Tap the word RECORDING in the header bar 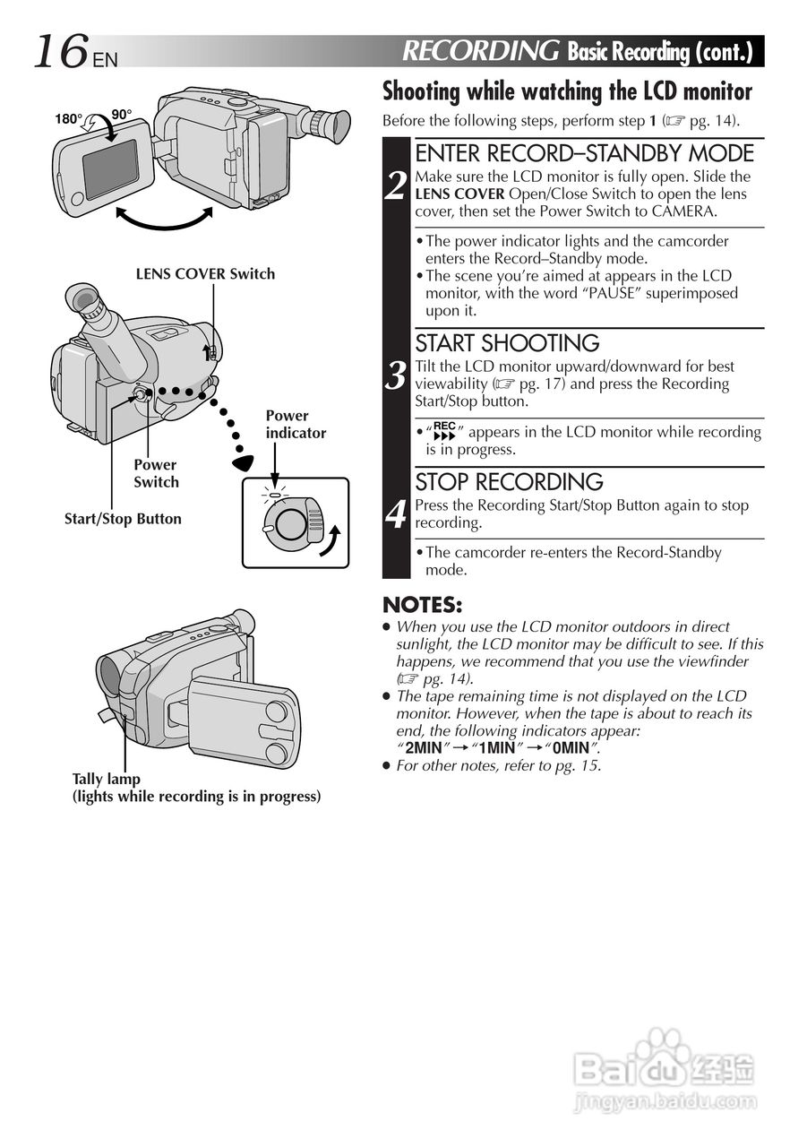(x=481, y=51)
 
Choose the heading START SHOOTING (x=507, y=343)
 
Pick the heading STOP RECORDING (x=509, y=482)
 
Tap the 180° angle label (x=68, y=117)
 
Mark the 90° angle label (x=122, y=114)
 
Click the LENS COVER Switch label (x=205, y=274)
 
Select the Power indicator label (x=296, y=424)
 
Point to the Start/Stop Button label (x=123, y=519)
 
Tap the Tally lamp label (x=107, y=780)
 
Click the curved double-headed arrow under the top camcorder (x=164, y=218)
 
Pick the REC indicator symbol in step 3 (x=444, y=431)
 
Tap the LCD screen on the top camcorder (x=110, y=168)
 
